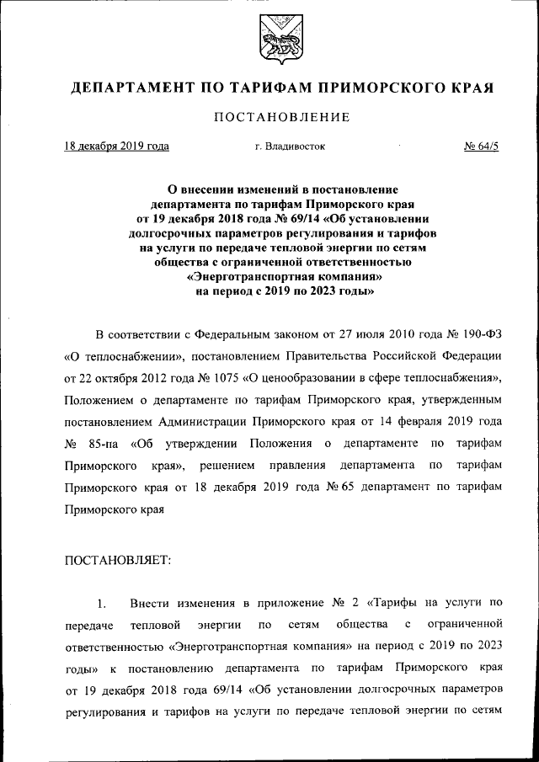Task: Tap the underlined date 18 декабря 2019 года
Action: click(x=117, y=146)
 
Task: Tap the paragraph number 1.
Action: click(x=101, y=603)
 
